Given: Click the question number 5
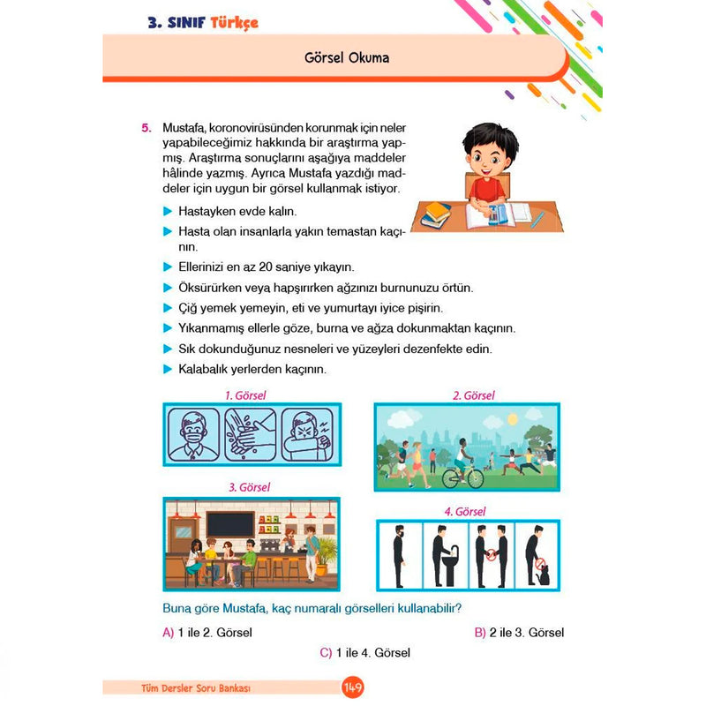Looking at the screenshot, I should (x=146, y=129).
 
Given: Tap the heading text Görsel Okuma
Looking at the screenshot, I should (x=345, y=58).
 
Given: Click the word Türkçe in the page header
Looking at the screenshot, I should (x=234, y=23).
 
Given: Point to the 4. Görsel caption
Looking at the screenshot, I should (x=464, y=511).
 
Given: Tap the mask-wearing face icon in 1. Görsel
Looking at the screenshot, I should (x=194, y=434).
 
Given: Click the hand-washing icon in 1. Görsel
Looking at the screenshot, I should (x=252, y=434).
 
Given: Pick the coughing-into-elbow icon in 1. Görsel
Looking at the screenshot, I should (x=309, y=434).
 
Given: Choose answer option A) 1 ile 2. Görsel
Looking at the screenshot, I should (x=207, y=633).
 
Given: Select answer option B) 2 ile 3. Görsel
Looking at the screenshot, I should (x=519, y=633).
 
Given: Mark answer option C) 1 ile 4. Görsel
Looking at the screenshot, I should (x=365, y=653).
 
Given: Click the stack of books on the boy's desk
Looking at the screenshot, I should (x=435, y=214).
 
